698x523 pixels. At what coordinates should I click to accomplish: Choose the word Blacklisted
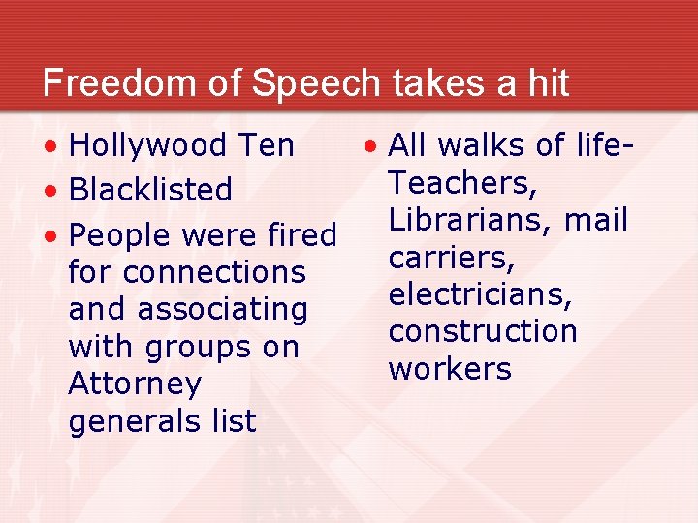click(150, 190)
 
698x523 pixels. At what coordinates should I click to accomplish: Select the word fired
click(301, 235)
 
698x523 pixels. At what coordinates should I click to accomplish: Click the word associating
click(222, 310)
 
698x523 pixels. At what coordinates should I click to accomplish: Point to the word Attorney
click(135, 385)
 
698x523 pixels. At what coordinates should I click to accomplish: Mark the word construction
click(483, 331)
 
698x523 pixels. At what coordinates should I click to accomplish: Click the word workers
click(449, 369)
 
